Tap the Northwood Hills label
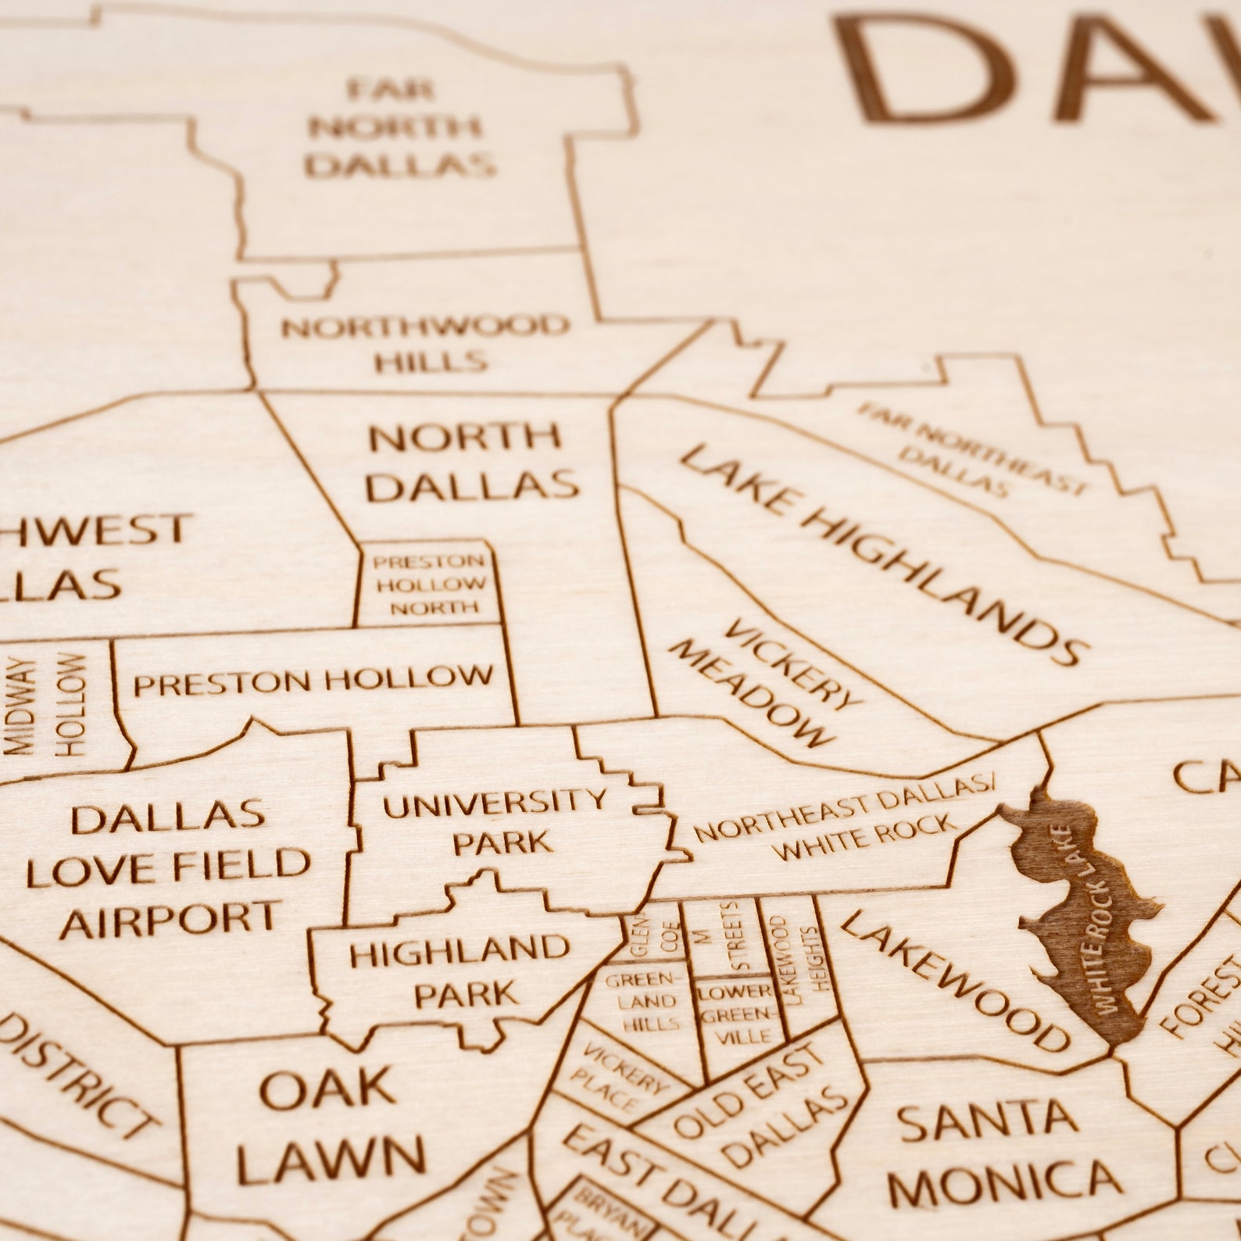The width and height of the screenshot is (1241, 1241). tap(426, 343)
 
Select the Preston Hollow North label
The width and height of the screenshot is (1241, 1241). tap(430, 584)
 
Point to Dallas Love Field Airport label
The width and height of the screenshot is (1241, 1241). tap(169, 868)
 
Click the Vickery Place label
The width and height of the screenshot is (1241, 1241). tap(616, 1077)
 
